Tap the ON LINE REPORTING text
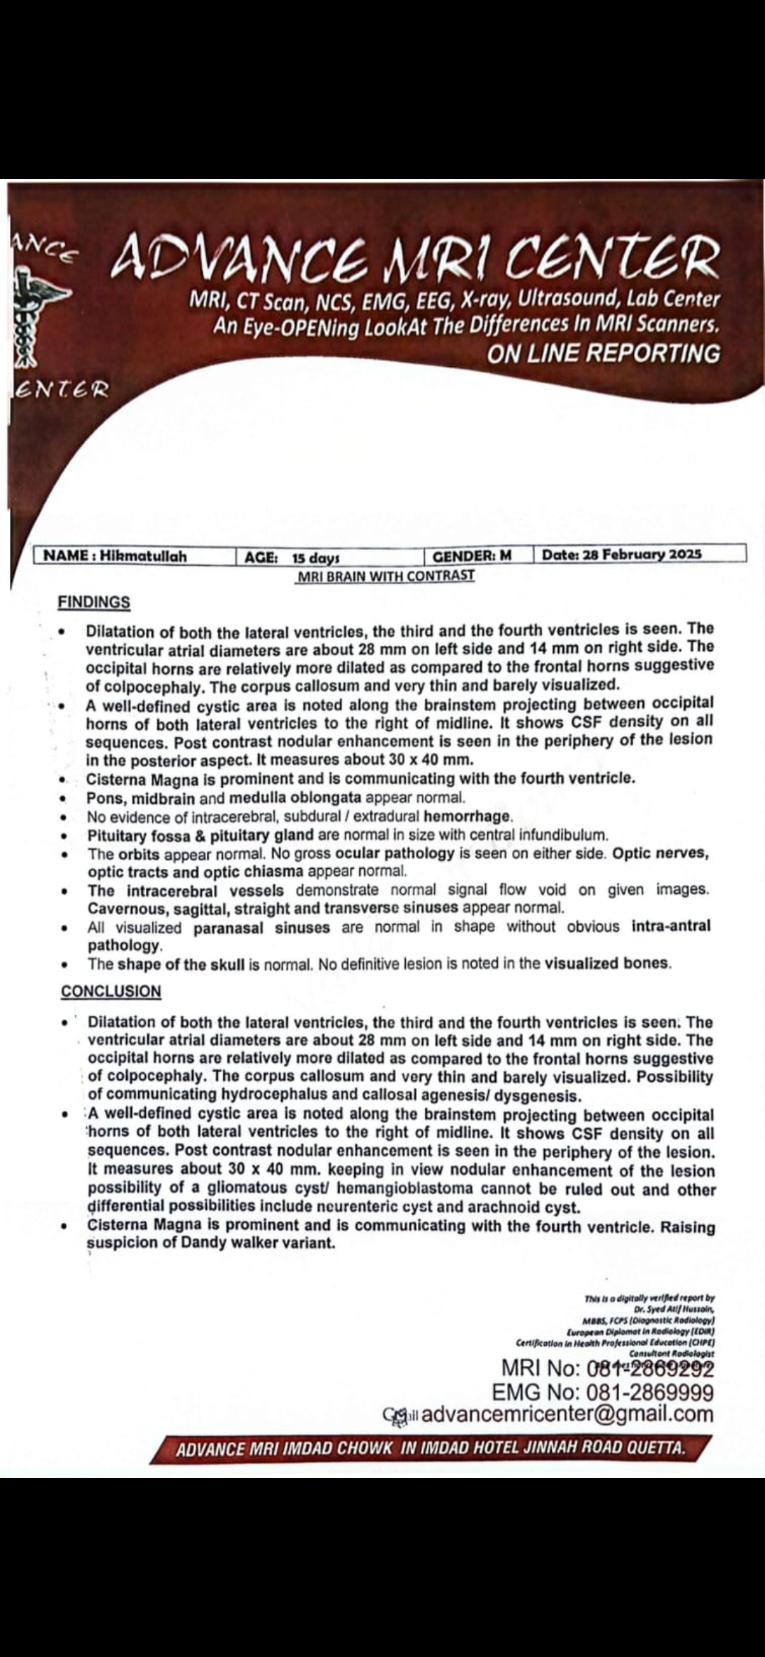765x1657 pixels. pyautogui.click(x=603, y=353)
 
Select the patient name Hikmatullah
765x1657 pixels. pyautogui.click(x=143, y=556)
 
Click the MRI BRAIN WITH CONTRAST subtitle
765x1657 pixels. pyautogui.click(x=386, y=576)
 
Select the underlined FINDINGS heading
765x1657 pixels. pyautogui.click(x=94, y=602)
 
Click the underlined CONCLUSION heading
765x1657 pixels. pyautogui.click(x=111, y=991)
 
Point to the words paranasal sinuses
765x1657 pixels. pyautogui.click(x=261, y=927)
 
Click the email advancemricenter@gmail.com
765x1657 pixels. pyautogui.click(x=567, y=1414)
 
